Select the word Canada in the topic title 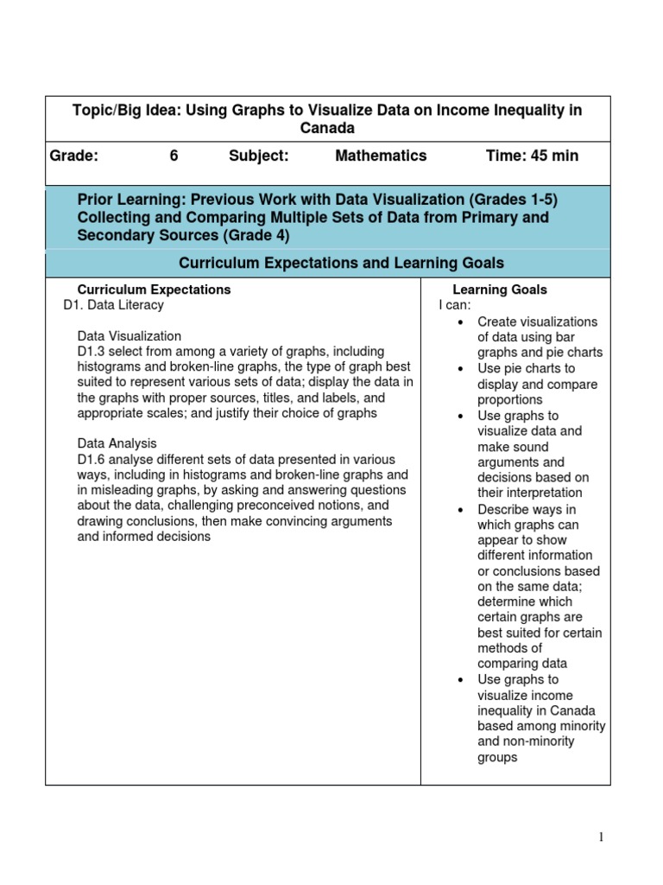click(x=327, y=128)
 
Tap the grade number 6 click(x=174, y=156)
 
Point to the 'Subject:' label click(x=259, y=156)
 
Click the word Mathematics click(x=381, y=156)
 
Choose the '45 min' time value click(x=552, y=156)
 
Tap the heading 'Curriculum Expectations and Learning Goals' click(x=341, y=263)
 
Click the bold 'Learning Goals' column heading click(x=500, y=290)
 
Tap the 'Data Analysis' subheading click(x=117, y=443)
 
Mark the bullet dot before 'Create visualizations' click(x=462, y=322)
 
